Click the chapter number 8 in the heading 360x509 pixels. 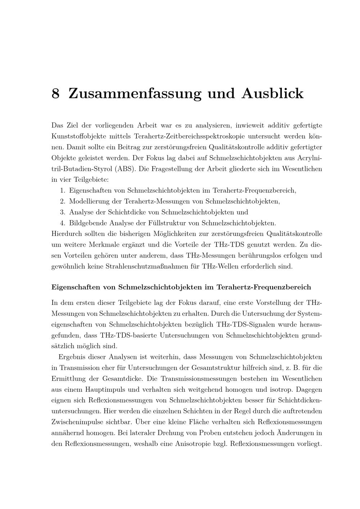pos(55,94)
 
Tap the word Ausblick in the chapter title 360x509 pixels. pos(273,94)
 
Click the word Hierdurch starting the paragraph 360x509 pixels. pos(67,234)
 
